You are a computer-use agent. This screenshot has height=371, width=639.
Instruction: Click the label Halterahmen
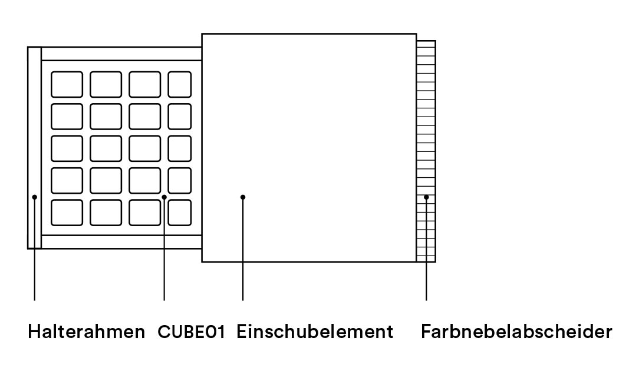click(x=87, y=332)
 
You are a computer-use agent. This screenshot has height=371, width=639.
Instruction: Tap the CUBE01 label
click(x=191, y=332)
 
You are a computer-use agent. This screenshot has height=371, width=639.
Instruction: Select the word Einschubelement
click(x=315, y=332)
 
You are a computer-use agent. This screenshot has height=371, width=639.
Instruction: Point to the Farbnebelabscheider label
click(x=516, y=332)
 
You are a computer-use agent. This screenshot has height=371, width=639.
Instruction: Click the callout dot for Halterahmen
click(x=35, y=197)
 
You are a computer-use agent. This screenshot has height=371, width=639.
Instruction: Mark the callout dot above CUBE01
click(x=164, y=197)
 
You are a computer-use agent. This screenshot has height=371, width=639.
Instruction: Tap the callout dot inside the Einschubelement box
click(x=243, y=197)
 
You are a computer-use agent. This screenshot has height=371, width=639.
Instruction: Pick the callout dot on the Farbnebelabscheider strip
click(x=426, y=197)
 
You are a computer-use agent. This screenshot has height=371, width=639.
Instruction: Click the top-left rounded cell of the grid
click(x=67, y=84)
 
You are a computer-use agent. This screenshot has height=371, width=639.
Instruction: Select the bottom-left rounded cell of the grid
click(x=67, y=213)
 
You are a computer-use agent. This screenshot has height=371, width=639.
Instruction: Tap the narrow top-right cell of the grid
click(x=180, y=84)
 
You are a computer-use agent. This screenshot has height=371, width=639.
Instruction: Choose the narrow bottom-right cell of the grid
click(x=180, y=213)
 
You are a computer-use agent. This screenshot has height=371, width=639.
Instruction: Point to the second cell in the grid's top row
click(x=106, y=84)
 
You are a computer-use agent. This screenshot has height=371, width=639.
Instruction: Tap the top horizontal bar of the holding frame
click(x=121, y=54)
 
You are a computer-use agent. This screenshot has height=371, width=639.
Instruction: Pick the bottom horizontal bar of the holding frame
click(x=121, y=242)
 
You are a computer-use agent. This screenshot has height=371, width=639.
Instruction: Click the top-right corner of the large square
click(x=416, y=34)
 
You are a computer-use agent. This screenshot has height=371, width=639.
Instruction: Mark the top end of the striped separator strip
click(x=426, y=41)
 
